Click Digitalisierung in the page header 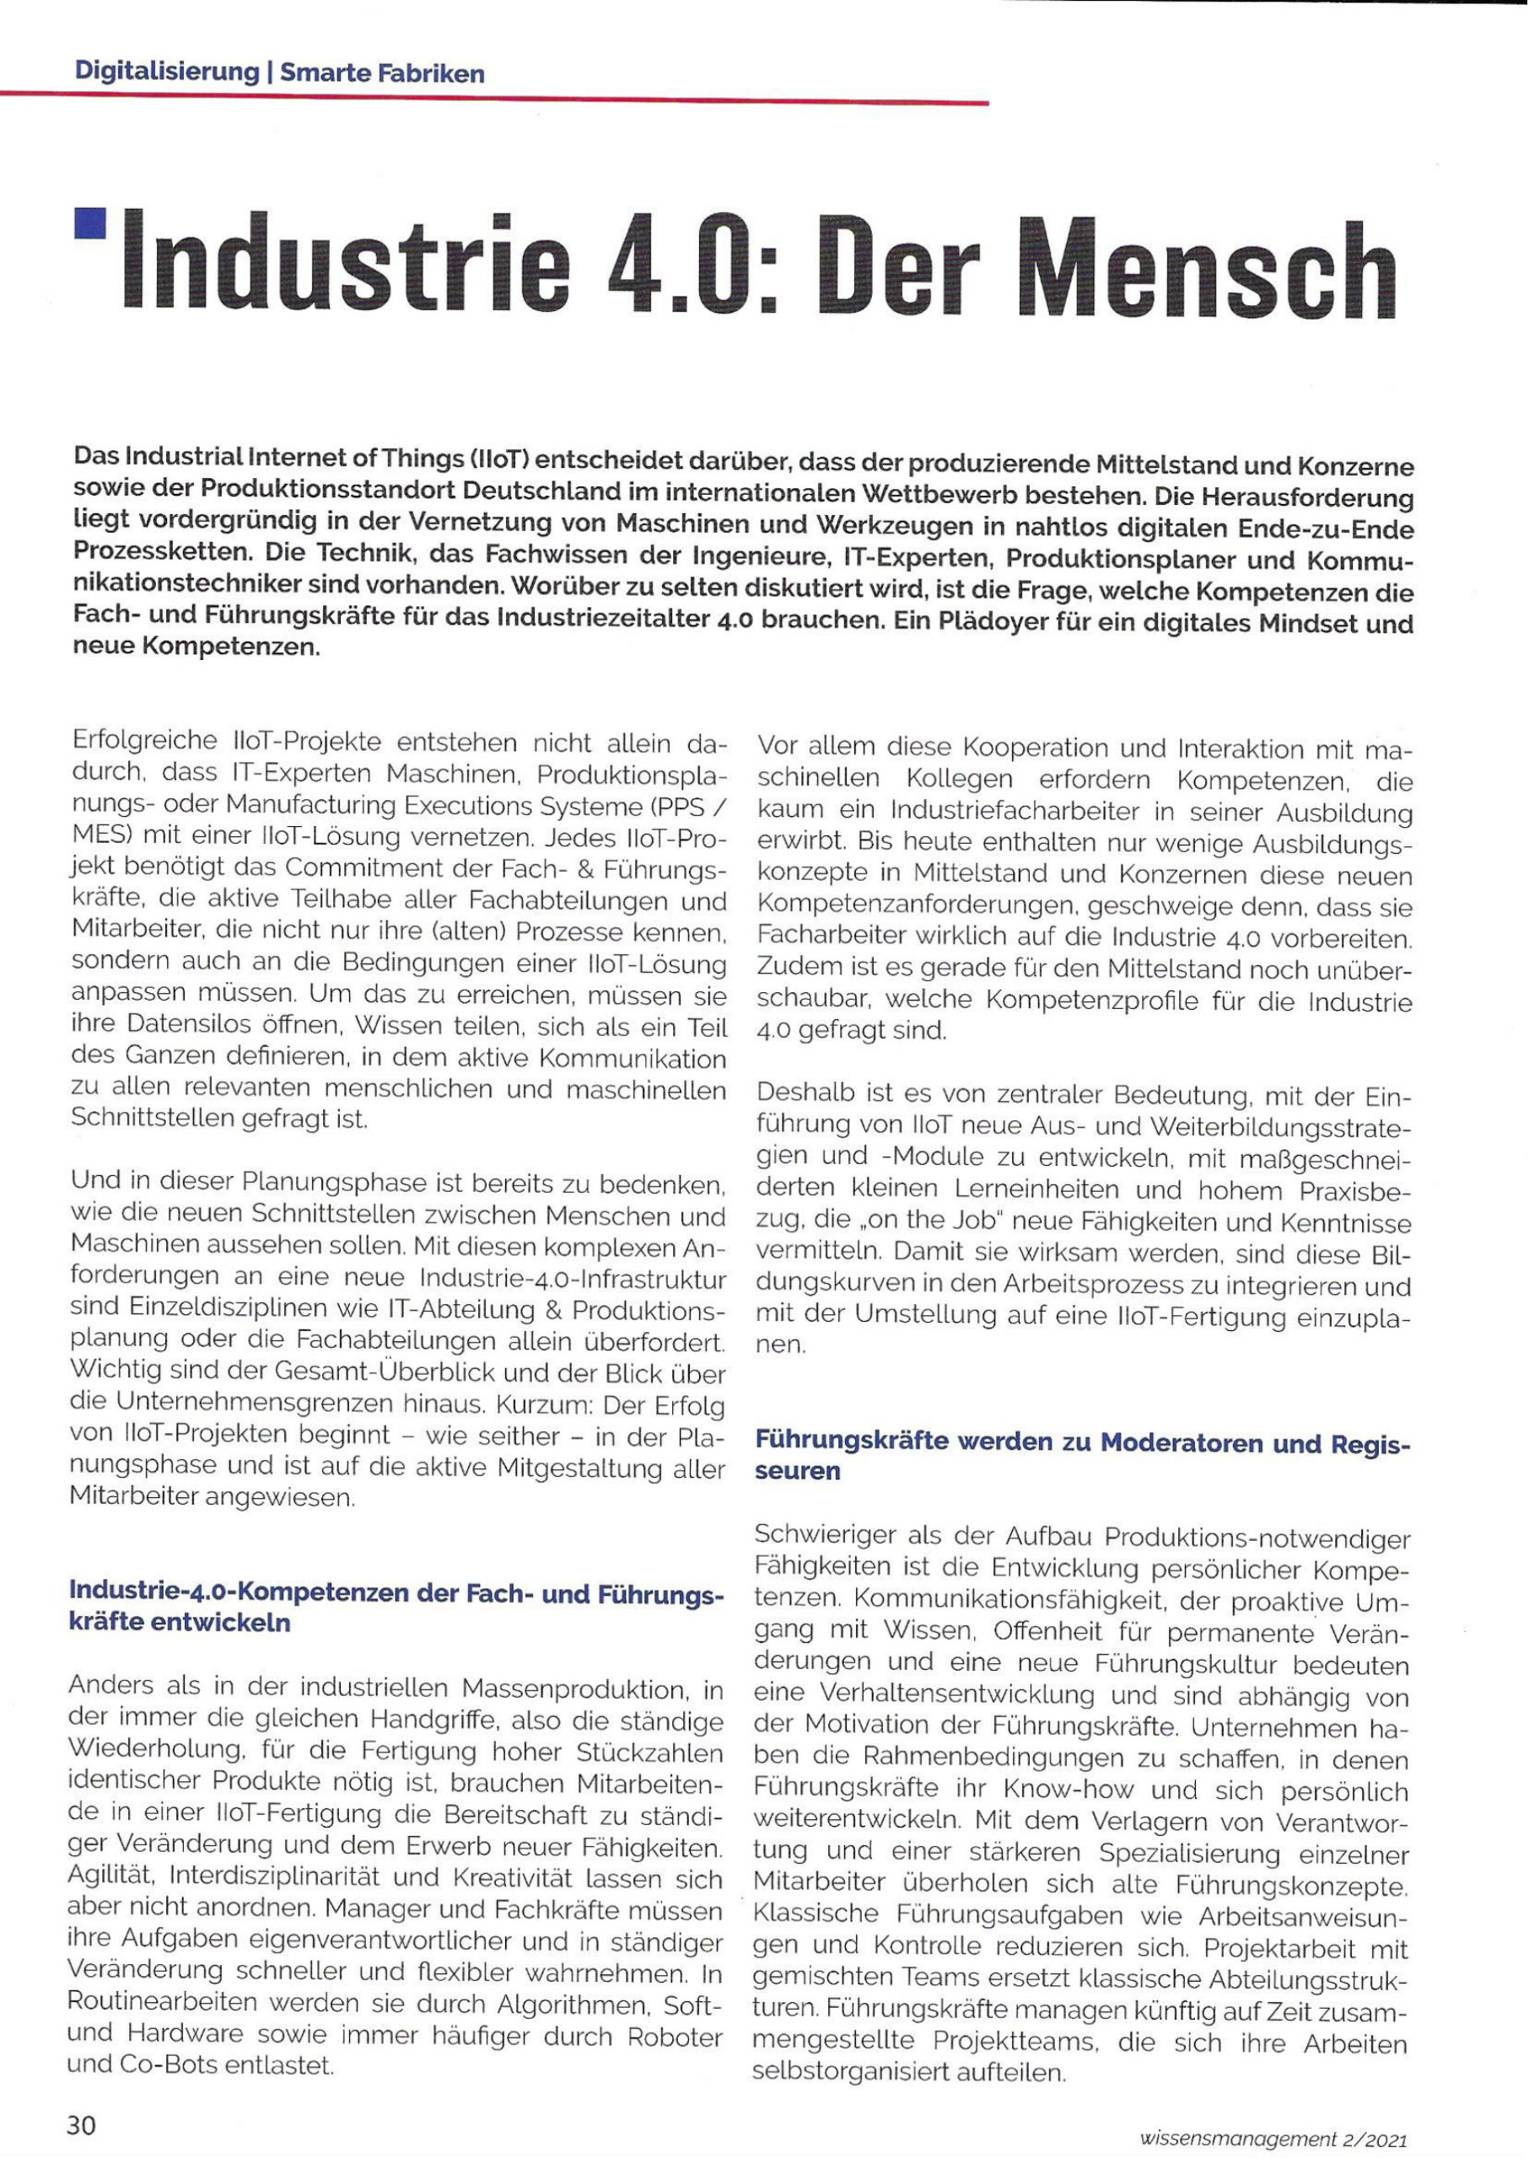(x=167, y=72)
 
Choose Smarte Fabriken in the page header (x=382, y=72)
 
